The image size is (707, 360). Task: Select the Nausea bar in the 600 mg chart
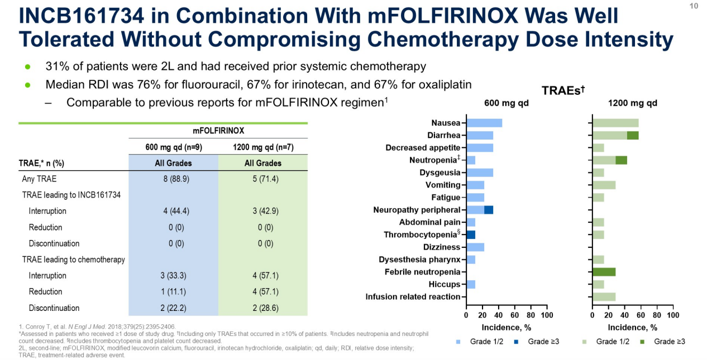pos(484,123)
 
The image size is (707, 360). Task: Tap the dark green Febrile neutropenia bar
pos(604,272)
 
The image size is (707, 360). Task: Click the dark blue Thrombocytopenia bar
pos(470,234)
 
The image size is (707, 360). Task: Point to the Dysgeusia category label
pos(440,172)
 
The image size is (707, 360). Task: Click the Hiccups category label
pos(445,284)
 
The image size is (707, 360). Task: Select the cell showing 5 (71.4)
pos(262,179)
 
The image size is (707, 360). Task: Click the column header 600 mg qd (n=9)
pos(173,147)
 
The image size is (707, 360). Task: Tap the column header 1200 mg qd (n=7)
pos(262,147)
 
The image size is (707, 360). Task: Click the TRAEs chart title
pos(565,89)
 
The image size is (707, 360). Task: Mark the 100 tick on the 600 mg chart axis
pos(547,316)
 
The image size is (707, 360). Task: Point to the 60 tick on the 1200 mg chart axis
pos(641,316)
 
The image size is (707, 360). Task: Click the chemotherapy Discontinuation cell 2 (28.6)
pos(262,308)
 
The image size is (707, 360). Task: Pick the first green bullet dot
pos(27,67)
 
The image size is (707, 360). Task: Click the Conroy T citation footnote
pos(97,326)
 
